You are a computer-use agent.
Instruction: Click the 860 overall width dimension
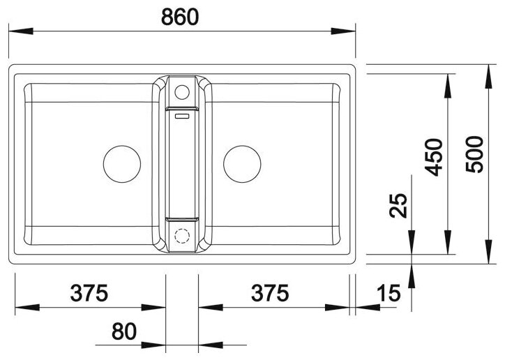click(x=180, y=17)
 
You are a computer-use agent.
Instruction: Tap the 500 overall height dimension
click(x=475, y=155)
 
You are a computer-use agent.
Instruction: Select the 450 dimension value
click(x=433, y=158)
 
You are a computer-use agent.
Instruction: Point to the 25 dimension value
click(x=398, y=206)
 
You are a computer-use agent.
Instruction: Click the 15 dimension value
click(x=389, y=293)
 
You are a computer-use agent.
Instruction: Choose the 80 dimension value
click(x=124, y=331)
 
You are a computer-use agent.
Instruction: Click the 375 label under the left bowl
click(x=89, y=293)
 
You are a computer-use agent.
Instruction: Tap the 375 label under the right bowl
click(x=270, y=293)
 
